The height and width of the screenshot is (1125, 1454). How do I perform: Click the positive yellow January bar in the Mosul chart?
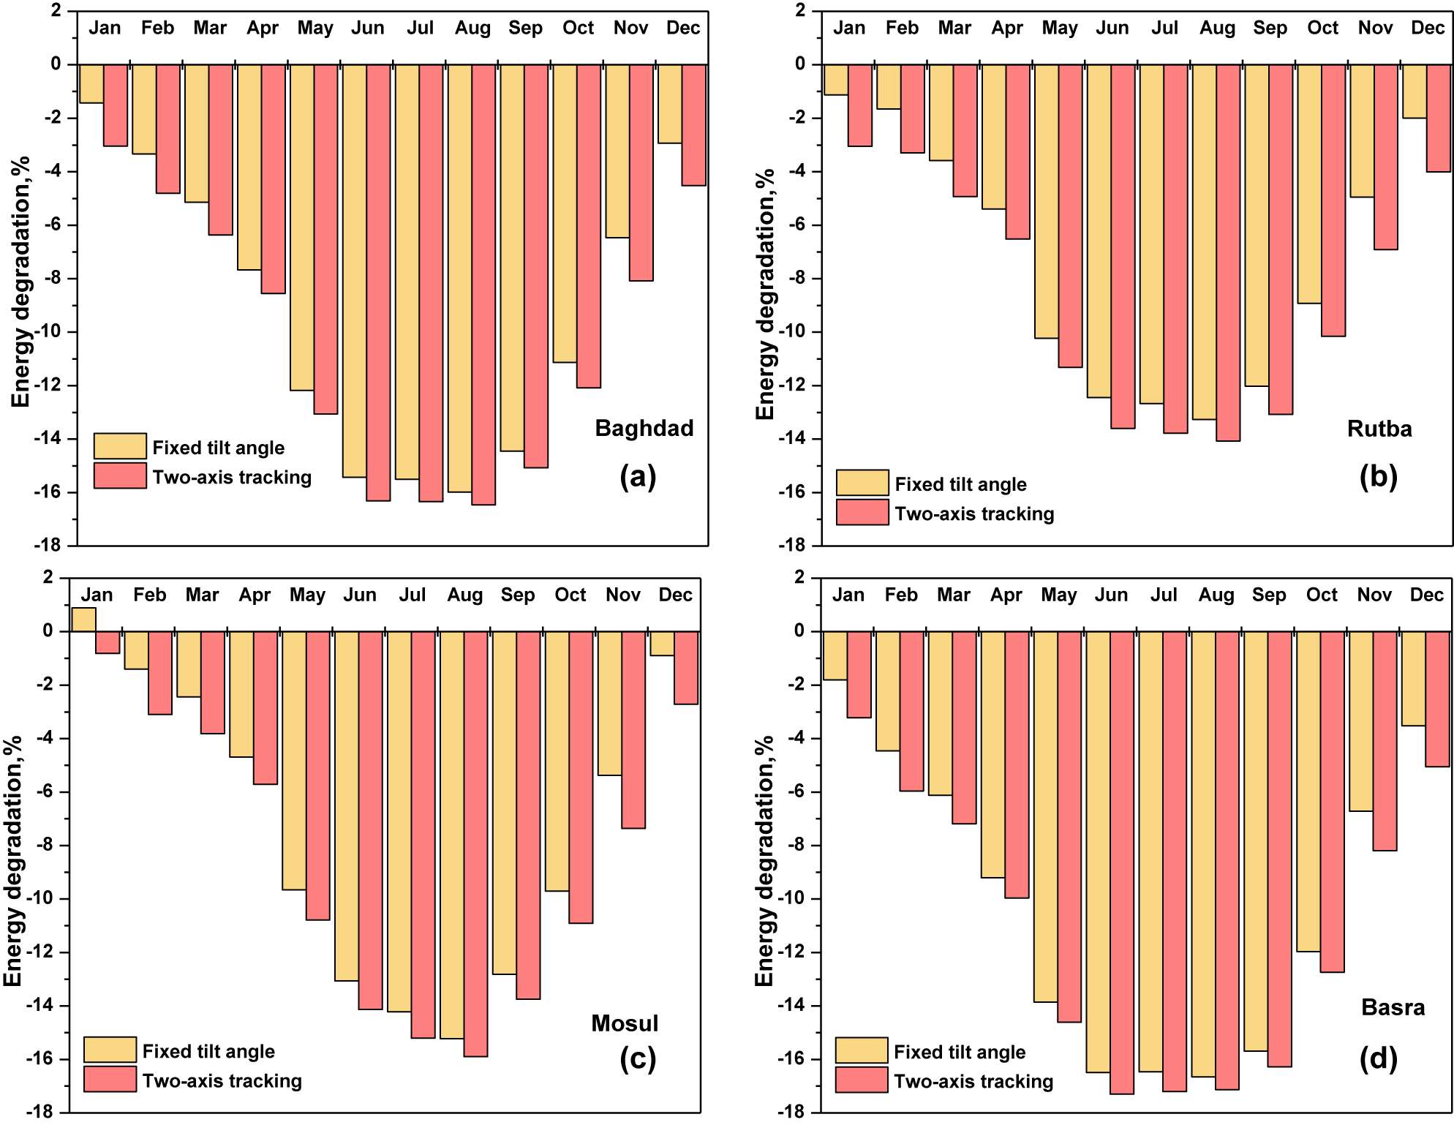click(x=83, y=619)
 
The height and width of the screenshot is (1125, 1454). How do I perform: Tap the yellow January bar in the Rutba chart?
click(x=835, y=79)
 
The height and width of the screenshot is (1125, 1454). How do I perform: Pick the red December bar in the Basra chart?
click(x=1437, y=699)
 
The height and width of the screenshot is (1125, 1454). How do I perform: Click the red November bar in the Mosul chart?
click(x=633, y=729)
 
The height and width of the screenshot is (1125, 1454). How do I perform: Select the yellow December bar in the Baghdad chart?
click(x=670, y=103)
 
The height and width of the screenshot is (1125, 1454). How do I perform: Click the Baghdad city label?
click(x=644, y=428)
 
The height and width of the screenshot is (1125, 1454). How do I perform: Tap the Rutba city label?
click(x=1379, y=428)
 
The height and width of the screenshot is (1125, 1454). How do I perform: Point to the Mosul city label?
click(x=625, y=1023)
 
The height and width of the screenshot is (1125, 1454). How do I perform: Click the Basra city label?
click(x=1393, y=1007)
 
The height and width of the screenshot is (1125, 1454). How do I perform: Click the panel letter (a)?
click(x=637, y=476)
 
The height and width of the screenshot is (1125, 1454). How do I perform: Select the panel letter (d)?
click(x=1378, y=1058)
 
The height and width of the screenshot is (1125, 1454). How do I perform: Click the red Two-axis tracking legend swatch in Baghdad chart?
click(x=120, y=476)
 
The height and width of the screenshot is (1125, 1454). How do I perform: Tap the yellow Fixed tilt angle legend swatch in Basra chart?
click(x=861, y=1050)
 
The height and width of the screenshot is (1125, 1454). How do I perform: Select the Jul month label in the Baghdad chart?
click(x=420, y=28)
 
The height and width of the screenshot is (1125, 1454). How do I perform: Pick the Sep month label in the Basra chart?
click(x=1268, y=595)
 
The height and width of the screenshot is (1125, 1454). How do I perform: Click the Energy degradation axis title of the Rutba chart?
click(x=764, y=294)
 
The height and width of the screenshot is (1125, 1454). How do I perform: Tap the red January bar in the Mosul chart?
click(x=108, y=641)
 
